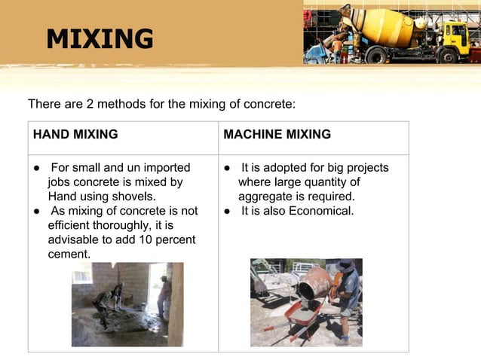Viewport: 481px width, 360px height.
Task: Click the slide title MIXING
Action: click(100, 39)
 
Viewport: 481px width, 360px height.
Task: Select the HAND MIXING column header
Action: click(75, 135)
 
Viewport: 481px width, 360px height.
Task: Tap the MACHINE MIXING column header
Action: click(277, 135)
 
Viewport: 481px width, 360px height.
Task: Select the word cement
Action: click(69, 254)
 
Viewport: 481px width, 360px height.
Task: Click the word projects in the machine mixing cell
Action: click(365, 167)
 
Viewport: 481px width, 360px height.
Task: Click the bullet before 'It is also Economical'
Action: click(227, 212)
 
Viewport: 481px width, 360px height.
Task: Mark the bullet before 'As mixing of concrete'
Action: click(36, 212)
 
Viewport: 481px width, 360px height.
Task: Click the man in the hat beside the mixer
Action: click(348, 297)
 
